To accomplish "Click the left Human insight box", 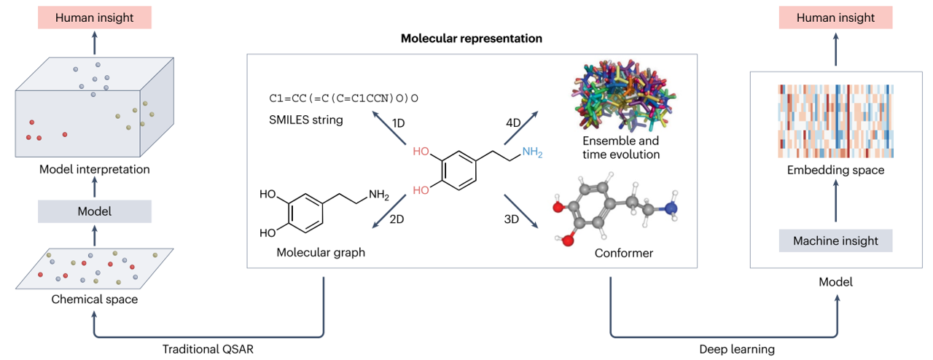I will coord(94,17).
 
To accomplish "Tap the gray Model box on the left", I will coord(94,211).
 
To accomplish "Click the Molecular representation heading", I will coord(472,38).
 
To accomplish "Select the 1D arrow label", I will coord(399,122).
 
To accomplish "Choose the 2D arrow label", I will coord(398,219).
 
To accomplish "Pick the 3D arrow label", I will coord(513,219).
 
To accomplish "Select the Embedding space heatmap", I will coord(836,120).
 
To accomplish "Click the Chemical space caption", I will coord(93,299).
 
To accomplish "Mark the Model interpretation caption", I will coord(94,170).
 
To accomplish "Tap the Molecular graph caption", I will coord(321,253).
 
